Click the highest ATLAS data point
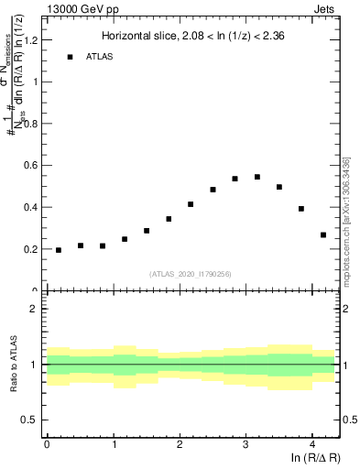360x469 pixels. [257, 177]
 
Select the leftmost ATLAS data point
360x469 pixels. [59, 250]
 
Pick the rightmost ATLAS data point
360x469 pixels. [323, 234]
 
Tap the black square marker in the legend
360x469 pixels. [70, 57]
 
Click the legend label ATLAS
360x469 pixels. [100, 57]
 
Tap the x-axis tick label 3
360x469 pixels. [245, 446]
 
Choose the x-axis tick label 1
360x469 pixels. [113, 446]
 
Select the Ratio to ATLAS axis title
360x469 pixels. [13, 365]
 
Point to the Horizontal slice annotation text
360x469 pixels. [193, 38]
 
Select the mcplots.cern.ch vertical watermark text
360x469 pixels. [346, 220]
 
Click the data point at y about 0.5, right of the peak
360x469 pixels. [279, 187]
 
